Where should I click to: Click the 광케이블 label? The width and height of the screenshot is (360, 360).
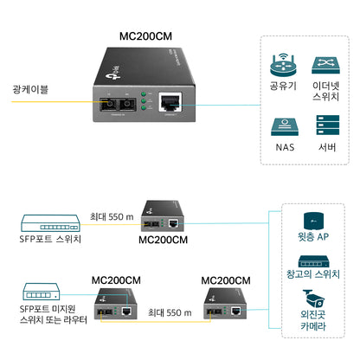click(x=30, y=88)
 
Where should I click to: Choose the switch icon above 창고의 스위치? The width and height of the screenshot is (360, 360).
click(x=312, y=259)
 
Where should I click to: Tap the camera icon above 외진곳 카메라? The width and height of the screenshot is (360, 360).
click(x=312, y=299)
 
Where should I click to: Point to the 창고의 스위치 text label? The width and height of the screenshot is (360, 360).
click(x=312, y=275)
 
